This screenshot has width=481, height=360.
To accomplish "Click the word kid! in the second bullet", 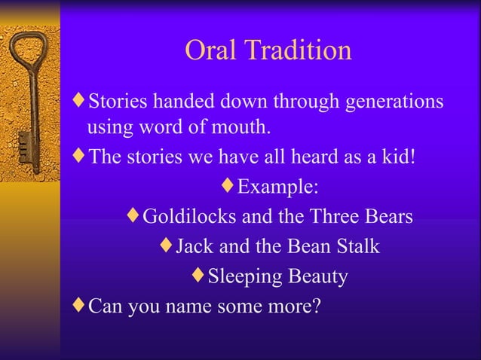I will (x=396, y=157).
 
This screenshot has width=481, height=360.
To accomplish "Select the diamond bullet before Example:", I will (x=228, y=185).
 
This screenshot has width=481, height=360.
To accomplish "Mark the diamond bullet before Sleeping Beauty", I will (x=198, y=276).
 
